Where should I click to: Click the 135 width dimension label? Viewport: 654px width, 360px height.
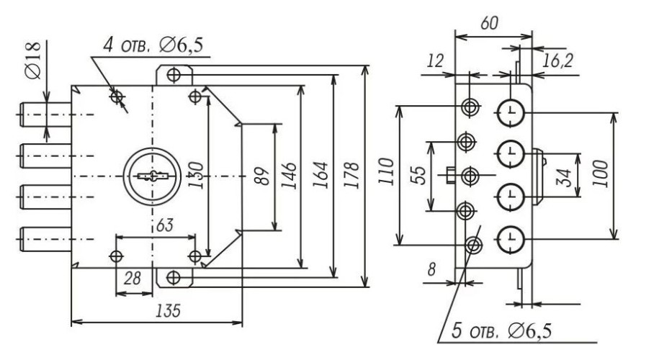168,311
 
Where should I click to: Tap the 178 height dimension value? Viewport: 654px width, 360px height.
352,175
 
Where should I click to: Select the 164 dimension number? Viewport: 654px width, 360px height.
321,175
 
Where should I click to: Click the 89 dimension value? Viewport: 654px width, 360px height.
261,176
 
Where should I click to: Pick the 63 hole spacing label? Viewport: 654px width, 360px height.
164,225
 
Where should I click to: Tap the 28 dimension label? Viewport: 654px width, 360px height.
133,279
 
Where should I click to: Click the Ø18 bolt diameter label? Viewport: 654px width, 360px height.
32,60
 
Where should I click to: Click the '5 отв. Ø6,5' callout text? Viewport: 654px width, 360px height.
502,332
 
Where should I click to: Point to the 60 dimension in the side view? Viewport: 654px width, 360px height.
489,23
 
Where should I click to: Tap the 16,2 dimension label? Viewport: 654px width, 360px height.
558,61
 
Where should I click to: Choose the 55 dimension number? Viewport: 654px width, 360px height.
418,176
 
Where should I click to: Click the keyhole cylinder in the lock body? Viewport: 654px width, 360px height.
152,176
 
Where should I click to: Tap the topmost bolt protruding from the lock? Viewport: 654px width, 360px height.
45,114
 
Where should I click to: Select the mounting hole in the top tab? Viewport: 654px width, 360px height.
174,75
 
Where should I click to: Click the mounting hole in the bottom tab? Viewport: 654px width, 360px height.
174,277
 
